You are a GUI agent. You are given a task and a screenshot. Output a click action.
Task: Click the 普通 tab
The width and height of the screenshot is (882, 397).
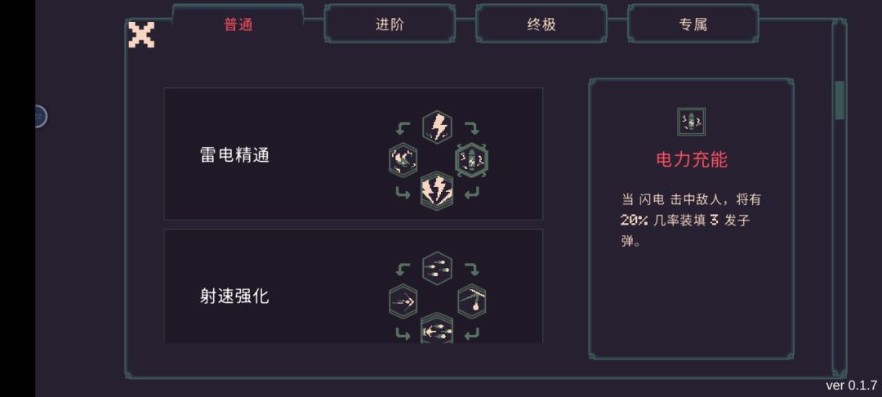238,25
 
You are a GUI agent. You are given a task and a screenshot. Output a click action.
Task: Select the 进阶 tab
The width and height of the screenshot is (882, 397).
390,25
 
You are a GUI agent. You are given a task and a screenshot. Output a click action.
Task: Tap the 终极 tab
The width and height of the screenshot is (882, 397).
541,25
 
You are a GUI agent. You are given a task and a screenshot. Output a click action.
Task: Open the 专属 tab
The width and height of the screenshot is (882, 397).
693,25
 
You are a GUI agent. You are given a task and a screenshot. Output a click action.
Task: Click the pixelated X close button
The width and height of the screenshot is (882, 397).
141,35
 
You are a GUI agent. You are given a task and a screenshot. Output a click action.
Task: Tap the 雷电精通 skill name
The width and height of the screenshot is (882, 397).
234,155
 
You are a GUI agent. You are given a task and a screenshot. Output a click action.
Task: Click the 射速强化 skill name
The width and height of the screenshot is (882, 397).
234,297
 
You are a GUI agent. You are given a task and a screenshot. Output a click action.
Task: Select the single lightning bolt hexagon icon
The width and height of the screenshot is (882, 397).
438,127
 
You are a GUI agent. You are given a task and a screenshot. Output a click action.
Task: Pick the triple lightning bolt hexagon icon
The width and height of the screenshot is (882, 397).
437,191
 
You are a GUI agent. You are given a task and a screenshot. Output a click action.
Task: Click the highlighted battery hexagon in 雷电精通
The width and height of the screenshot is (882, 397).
471,160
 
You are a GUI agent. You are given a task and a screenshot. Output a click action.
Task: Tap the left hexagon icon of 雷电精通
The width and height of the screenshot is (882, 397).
403,160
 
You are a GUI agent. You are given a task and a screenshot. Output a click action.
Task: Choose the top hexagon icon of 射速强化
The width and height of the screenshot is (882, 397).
438,268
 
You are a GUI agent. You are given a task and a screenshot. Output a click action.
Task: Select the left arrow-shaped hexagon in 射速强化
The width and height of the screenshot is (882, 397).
403,302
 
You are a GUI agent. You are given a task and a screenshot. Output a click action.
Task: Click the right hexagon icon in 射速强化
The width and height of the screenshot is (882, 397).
472,302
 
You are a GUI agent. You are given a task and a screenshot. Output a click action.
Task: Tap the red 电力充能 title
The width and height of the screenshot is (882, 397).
692,160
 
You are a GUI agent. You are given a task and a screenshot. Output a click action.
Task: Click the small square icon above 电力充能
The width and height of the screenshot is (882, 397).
692,122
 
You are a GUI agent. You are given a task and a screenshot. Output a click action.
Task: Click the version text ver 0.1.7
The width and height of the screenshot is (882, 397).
851,386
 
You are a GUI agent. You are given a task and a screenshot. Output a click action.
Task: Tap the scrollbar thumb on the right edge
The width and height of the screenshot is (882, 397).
840,100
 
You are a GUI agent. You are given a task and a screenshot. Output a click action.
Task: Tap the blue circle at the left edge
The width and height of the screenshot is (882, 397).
39,116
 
